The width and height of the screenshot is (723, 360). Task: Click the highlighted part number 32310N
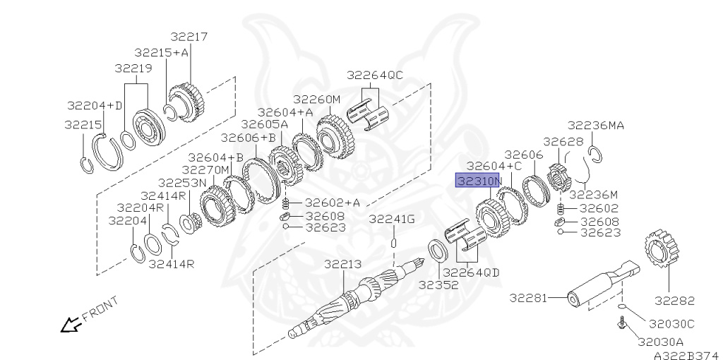[478, 181]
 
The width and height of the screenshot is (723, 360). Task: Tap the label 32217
[189, 37]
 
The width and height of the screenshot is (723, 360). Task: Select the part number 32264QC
[375, 75]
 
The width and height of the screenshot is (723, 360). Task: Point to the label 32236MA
[596, 126]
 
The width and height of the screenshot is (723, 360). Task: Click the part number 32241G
[392, 220]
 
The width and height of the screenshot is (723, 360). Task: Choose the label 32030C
[671, 324]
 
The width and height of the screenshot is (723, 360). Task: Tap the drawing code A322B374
[688, 355]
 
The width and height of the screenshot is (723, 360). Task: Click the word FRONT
[100, 309]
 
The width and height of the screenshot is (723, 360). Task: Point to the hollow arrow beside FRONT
[71, 325]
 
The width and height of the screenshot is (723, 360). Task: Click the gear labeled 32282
[662, 251]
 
